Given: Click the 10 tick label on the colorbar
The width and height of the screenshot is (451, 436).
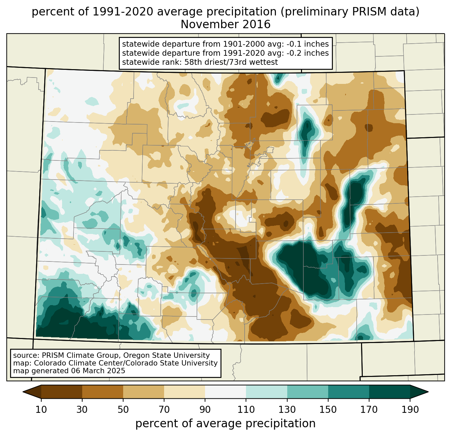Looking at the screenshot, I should [41, 410].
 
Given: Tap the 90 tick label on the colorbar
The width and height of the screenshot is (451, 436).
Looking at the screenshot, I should [205, 410].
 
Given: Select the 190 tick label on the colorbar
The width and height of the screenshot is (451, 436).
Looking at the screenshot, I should [410, 410].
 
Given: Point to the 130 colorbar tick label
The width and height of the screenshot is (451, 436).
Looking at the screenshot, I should [287, 410].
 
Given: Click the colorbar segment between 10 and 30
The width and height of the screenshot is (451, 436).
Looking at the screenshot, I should [62, 392].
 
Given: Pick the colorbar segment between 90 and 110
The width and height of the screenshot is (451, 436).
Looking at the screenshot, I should [225, 392].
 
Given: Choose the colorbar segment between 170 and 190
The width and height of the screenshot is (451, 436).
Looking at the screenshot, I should [390, 392].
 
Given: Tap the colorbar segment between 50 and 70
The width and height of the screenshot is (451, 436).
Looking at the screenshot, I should [144, 392].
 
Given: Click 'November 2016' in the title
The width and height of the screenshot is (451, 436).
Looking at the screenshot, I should [225, 25].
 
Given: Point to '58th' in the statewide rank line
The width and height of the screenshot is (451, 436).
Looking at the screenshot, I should [193, 62].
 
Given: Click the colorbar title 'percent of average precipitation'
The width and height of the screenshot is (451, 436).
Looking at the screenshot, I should [225, 424].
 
